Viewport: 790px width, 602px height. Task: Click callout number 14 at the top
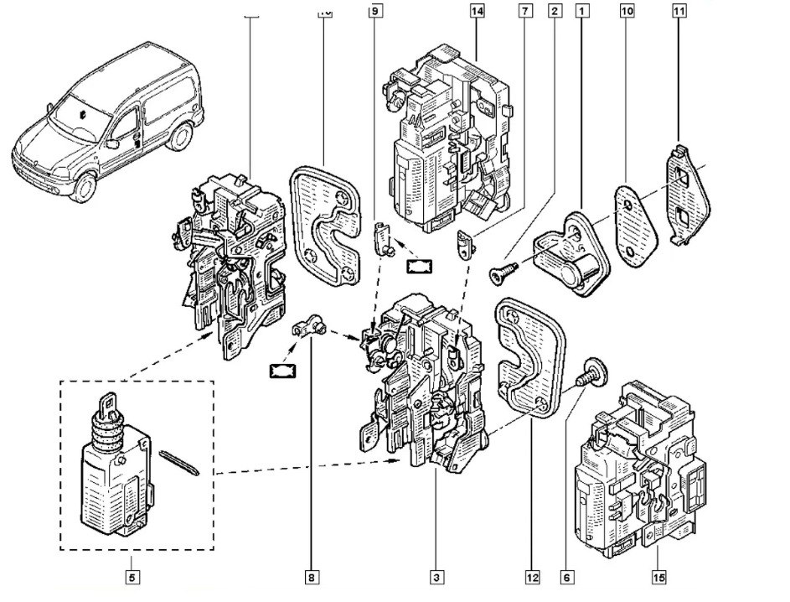(x=477, y=11)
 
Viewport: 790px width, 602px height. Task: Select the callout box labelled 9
(x=374, y=11)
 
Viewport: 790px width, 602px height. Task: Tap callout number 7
(x=524, y=11)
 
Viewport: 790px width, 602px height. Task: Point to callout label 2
(x=554, y=11)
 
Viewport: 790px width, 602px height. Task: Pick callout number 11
(x=679, y=11)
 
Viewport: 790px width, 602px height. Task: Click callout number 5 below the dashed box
(x=131, y=577)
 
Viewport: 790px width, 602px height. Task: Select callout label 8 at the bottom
(x=311, y=577)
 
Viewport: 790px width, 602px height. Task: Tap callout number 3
(x=436, y=577)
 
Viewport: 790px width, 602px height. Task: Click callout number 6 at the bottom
(x=566, y=577)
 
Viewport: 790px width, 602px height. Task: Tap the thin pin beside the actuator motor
(x=178, y=461)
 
